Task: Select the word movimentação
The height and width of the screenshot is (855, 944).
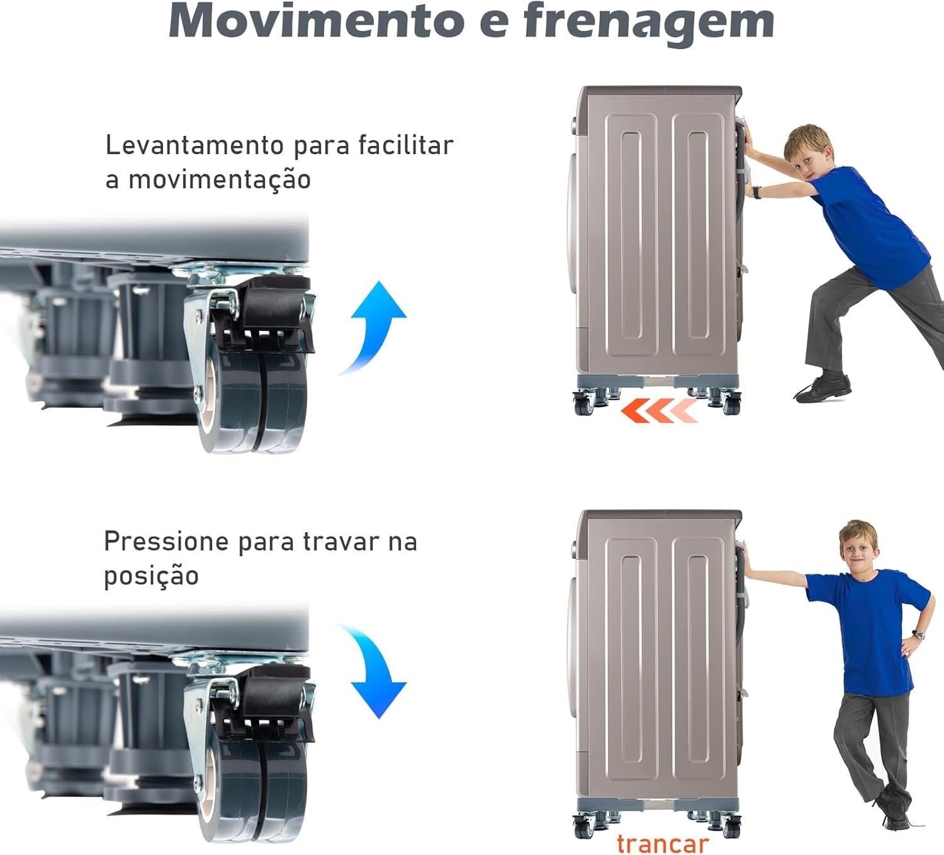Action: pos(220,180)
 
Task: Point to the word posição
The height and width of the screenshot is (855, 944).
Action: pos(151,576)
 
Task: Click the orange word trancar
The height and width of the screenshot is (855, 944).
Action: pos(663,843)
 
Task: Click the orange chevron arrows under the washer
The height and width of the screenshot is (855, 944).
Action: pos(660,410)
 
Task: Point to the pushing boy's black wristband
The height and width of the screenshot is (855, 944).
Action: pos(756,193)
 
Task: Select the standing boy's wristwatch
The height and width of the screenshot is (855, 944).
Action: pos(918,635)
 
